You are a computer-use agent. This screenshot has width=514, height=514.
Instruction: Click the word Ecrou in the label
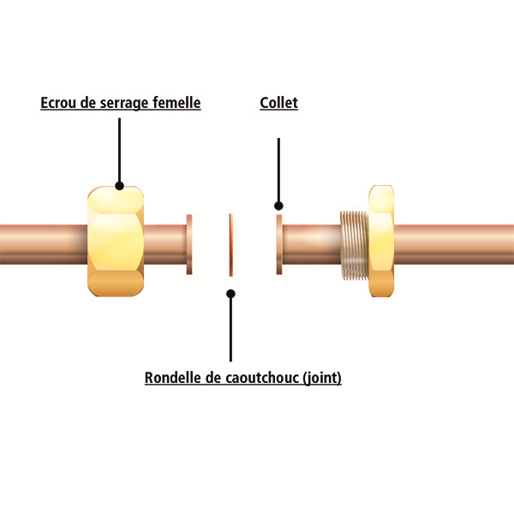[58, 103]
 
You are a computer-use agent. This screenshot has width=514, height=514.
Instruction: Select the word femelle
[176, 102]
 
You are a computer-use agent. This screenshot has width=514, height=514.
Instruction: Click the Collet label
[278, 103]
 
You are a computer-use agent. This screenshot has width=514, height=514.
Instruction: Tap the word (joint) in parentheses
[322, 378]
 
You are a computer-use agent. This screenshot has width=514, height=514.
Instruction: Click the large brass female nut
[116, 242]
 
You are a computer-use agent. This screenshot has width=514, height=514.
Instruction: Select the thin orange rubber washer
[231, 244]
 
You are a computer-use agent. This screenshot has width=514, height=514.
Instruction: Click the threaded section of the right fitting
[355, 246]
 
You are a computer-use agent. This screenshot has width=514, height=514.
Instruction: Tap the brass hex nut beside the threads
[381, 241]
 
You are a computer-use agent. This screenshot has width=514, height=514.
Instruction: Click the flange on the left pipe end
[189, 244]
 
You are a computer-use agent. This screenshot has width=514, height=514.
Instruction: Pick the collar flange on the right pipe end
[279, 244]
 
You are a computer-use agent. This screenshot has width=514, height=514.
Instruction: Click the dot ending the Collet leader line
[278, 206]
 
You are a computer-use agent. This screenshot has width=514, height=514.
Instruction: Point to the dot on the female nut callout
[120, 186]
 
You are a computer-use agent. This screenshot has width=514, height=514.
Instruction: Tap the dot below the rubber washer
[230, 294]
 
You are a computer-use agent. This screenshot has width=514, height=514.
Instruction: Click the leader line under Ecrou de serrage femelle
[120, 150]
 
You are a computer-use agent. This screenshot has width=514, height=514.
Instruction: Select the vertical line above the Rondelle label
[230, 329]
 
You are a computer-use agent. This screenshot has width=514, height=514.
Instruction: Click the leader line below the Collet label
[278, 170]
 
